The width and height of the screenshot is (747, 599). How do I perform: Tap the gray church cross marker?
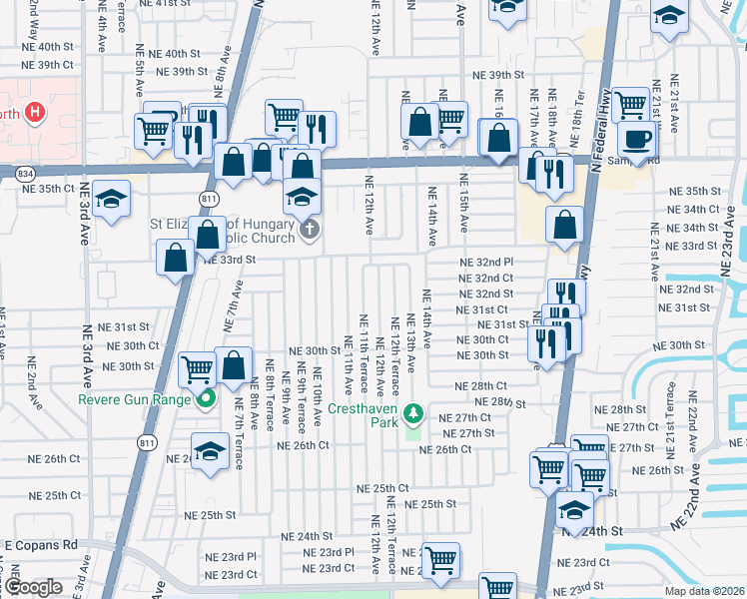(310, 232)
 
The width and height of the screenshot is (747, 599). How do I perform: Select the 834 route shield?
(25, 173)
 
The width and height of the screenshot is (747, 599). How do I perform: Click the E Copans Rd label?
(41, 545)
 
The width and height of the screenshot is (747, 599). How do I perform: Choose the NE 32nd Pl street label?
(485, 262)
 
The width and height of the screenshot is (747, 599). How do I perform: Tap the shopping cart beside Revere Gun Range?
(198, 369)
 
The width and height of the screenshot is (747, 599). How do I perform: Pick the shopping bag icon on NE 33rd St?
(176, 258)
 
